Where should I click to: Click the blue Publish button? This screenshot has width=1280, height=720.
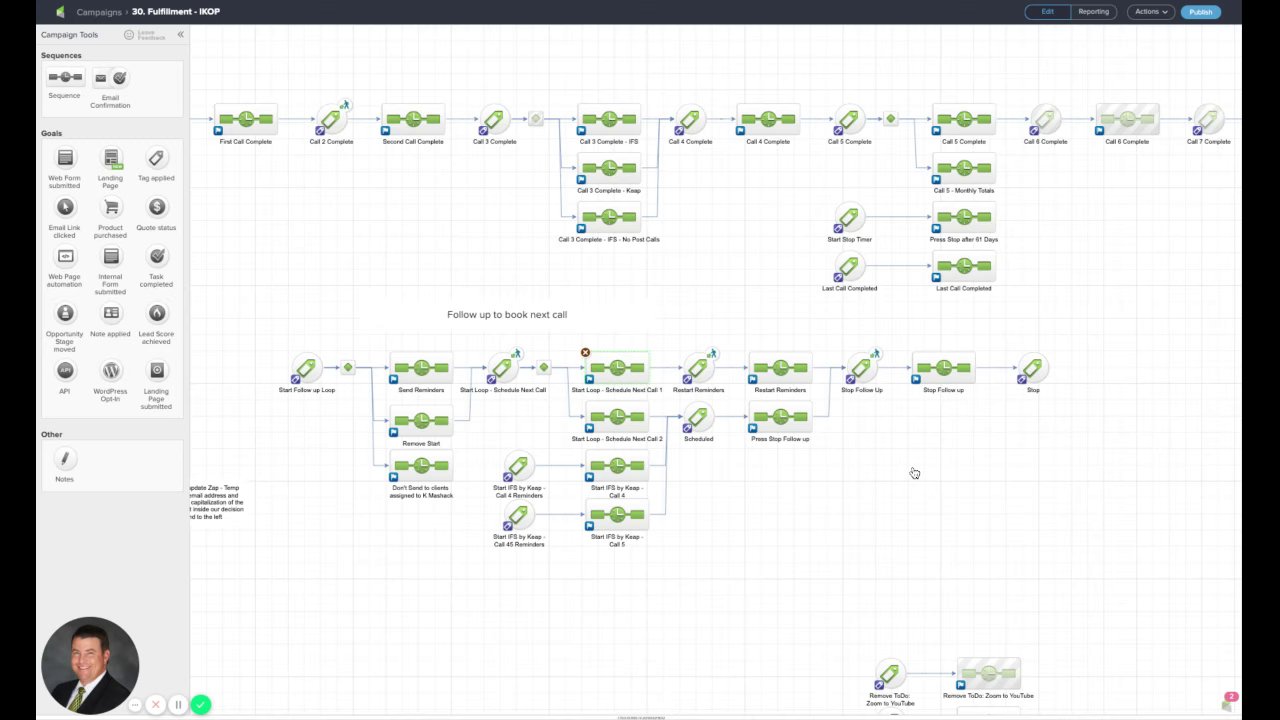point(1200,12)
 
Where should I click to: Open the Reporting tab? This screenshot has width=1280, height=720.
point(1093,12)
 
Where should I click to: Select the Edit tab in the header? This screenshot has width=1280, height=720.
point(1047,12)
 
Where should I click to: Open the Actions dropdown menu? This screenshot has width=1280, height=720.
point(1150,12)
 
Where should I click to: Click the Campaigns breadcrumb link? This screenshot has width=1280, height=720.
point(99,12)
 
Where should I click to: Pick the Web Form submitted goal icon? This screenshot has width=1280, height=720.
point(65,158)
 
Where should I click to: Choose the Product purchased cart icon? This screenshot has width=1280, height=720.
point(111,207)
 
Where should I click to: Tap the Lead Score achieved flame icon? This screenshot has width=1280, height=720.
point(156,314)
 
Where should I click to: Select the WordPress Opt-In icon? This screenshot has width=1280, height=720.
point(111,371)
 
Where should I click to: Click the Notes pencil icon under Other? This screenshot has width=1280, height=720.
point(65,459)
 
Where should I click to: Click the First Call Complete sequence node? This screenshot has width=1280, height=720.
point(246,120)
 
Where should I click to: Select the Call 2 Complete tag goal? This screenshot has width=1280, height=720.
point(330,120)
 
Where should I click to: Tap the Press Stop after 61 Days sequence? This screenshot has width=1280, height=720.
point(964,217)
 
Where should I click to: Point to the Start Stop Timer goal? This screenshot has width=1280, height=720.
point(849,217)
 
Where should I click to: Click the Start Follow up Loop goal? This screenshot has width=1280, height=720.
point(306,368)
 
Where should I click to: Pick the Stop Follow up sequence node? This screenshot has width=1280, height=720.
point(943,369)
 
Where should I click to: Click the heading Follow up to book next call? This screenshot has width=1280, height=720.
point(507,315)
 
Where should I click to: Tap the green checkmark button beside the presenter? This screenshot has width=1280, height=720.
point(201,705)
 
